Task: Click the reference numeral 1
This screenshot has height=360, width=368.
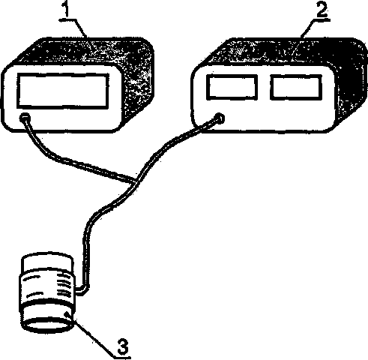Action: pyautogui.click(x=66, y=9)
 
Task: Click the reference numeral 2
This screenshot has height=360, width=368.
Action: pyautogui.click(x=322, y=10)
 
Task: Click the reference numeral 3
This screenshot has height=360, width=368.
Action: pyautogui.click(x=123, y=346)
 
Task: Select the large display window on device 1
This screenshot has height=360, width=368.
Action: pyautogui.click(x=63, y=91)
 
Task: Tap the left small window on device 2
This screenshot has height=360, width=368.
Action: pyautogui.click(x=232, y=87)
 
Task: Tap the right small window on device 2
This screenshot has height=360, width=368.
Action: pyautogui.click(x=296, y=87)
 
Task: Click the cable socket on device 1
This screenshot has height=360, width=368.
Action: pyautogui.click(x=25, y=118)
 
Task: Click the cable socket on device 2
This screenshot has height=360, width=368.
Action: pyautogui.click(x=220, y=118)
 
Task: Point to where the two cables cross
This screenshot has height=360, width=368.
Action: pyautogui.click(x=135, y=181)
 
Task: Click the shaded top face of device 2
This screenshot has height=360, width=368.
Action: pyautogui.click(x=277, y=52)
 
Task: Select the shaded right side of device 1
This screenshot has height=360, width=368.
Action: pyautogui.click(x=138, y=82)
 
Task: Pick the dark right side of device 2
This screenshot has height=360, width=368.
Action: pyautogui.click(x=351, y=82)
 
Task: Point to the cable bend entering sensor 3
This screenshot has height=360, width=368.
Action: pyautogui.click(x=84, y=290)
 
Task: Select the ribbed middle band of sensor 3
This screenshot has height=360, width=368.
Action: pyautogui.click(x=47, y=287)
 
